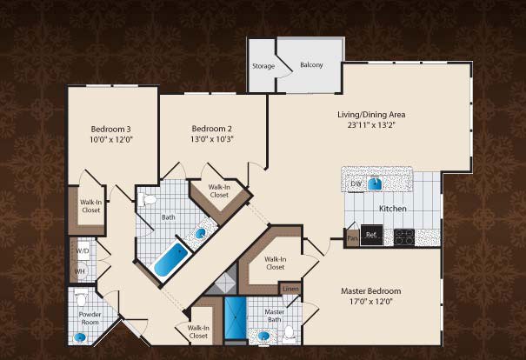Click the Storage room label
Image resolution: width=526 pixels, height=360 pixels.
pos(263,66)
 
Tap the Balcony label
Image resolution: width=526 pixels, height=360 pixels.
pos(311,64)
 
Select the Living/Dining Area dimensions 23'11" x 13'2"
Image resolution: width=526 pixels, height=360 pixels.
pos(371,125)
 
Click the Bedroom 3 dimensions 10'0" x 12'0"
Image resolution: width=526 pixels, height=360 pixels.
pos(110,139)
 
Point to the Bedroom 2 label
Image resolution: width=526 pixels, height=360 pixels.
pos(211,129)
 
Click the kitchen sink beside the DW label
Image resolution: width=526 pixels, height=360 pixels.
pos(376,183)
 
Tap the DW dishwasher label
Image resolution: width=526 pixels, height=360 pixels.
pos(356,183)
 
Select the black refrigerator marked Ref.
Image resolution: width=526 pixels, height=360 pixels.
pos(372,235)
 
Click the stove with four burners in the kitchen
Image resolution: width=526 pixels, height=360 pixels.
pos(404,237)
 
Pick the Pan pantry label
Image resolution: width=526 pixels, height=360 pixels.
pos(353,238)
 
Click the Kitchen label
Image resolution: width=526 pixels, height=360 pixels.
pos(392,209)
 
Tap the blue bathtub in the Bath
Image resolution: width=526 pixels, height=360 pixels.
pos(170,260)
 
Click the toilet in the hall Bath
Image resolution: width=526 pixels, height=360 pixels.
pos(147,200)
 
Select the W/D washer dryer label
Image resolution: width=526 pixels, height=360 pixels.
pos(83,250)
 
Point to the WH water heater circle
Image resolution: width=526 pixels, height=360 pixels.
pos(80,270)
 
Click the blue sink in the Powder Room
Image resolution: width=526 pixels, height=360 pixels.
pos(80,337)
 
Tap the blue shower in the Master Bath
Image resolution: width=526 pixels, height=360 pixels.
pos(236,317)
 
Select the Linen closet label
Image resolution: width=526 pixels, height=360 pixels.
pos(290,289)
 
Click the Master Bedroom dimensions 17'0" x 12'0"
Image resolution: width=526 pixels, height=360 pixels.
pos(370,302)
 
